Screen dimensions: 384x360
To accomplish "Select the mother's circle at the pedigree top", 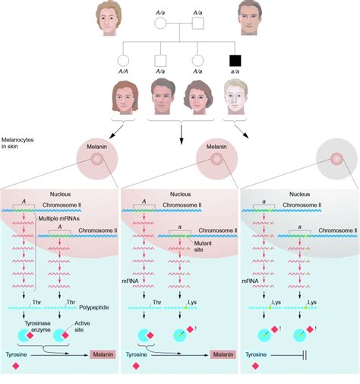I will coord(161,24).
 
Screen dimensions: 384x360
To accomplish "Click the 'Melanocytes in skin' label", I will coord(20,144).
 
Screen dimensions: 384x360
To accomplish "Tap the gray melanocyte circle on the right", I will coord(336,160).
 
